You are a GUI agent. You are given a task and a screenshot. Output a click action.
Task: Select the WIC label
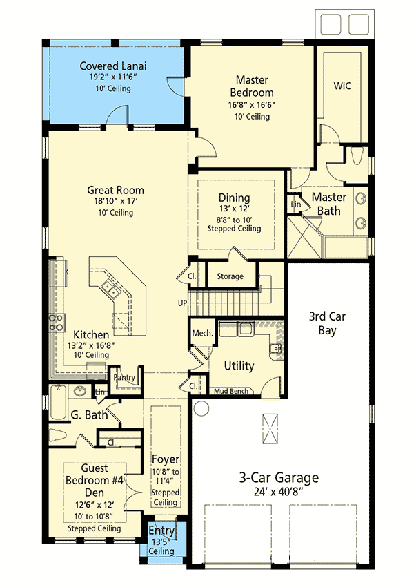coord(342,86)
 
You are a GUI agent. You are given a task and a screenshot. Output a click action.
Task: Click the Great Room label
coord(115,190)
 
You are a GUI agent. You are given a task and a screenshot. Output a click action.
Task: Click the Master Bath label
coord(329,204)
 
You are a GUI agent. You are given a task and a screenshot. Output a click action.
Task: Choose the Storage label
coord(230,276)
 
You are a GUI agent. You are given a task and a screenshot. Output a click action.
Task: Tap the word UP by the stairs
coord(181,303)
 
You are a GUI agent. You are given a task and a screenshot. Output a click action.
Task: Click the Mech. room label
coord(201,333)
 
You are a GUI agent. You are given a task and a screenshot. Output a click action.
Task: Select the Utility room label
coord(239,365)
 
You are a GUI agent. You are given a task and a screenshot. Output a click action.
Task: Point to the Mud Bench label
coord(232,391)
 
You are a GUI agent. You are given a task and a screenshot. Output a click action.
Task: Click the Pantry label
coord(126,378)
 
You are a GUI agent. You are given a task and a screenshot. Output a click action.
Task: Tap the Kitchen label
coord(92,334)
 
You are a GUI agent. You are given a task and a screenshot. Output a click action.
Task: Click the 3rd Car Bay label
coord(327,324)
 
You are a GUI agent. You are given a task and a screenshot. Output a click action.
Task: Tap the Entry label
coord(161,530)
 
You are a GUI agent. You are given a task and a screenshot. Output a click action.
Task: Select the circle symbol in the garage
coord(200,408)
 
